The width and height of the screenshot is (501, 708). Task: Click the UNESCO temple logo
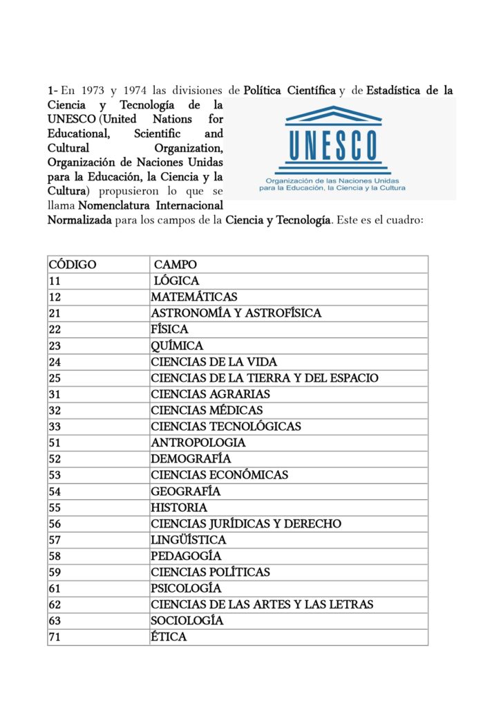coord(334,142)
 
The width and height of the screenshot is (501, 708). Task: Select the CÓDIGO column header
coord(73,264)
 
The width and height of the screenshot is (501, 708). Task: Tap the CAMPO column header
coord(176,264)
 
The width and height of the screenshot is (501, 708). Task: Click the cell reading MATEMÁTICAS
coord(194,297)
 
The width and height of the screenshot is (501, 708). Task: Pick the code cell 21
coord(55,313)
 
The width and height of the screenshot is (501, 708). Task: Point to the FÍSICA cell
coord(169,329)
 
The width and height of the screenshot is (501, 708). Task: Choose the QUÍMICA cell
coord(177,345)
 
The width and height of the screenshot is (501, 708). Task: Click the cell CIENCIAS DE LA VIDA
coord(214,362)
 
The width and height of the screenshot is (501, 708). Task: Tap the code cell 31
coord(55,394)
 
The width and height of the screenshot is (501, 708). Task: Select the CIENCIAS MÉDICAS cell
coord(207,410)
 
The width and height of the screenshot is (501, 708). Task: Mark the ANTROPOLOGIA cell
coord(198,442)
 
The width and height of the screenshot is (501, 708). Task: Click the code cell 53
coord(55,475)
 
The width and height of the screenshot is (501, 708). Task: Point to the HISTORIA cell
coord(179,507)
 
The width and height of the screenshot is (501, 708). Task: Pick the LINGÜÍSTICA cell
coord(189,539)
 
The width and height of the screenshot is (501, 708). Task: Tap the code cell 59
coord(55,572)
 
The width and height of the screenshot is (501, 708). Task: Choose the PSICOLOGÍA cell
coord(186,588)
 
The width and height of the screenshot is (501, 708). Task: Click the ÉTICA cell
coord(169,637)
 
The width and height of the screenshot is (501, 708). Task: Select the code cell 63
coord(55,621)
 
